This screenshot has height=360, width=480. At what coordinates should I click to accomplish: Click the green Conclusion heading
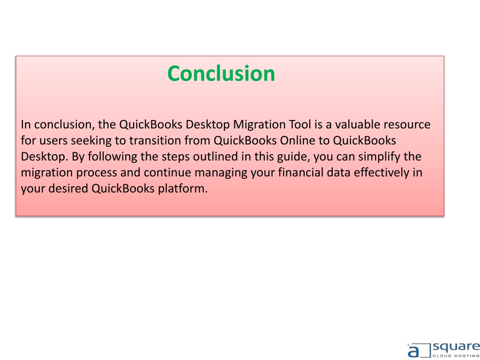point(221,74)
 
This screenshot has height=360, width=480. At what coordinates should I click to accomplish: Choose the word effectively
point(382,173)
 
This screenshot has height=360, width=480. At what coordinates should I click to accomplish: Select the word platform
point(183,189)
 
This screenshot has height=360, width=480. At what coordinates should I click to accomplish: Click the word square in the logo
point(456,348)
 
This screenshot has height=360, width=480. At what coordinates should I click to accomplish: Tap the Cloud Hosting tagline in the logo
point(456,356)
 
